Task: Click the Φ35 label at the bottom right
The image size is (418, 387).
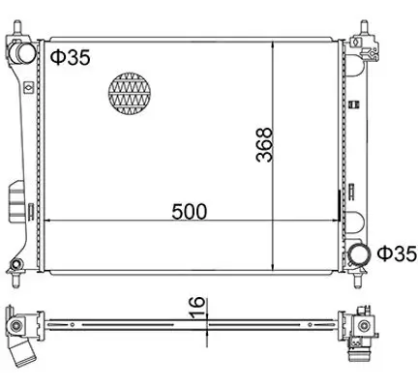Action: pyautogui.click(x=397, y=253)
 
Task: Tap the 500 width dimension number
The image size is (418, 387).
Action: pyautogui.click(x=190, y=212)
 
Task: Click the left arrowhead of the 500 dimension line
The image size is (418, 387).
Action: pyautogui.click(x=50, y=222)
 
